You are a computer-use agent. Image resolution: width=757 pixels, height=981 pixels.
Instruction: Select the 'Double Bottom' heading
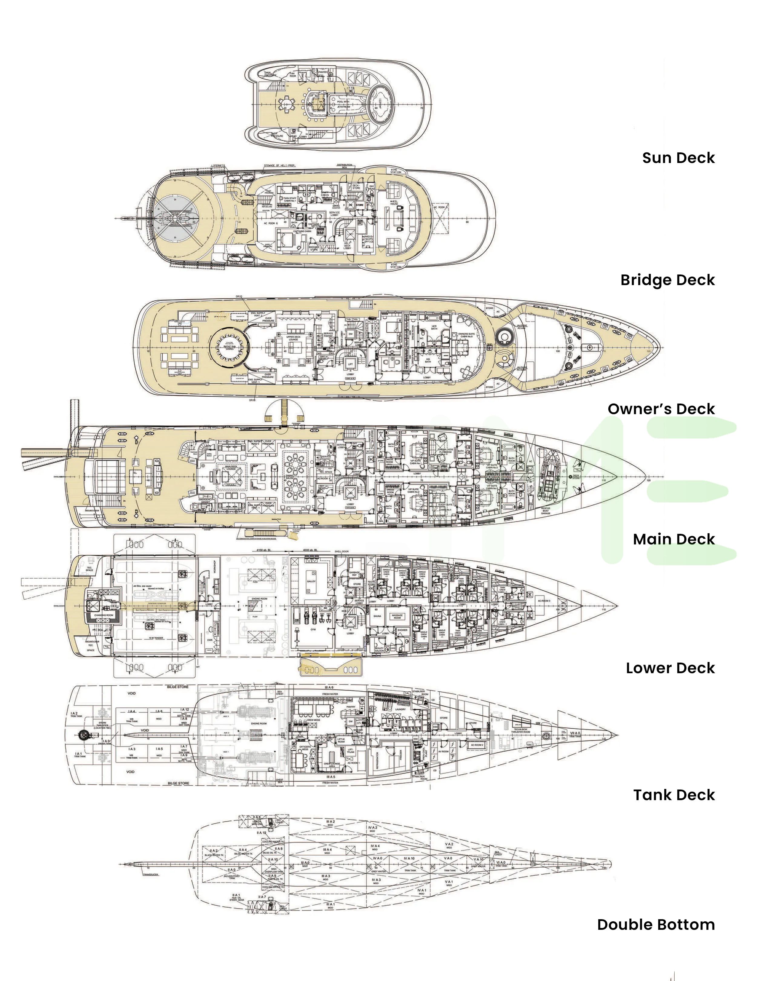pyautogui.click(x=656, y=924)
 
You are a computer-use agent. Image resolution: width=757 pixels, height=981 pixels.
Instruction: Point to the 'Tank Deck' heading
pyautogui.click(x=673, y=795)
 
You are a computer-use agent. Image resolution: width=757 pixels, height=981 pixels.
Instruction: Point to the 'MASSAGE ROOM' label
pyautogui.click(x=397, y=616)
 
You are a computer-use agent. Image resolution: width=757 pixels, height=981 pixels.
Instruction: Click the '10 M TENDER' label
pyautogui.click(x=156, y=637)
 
